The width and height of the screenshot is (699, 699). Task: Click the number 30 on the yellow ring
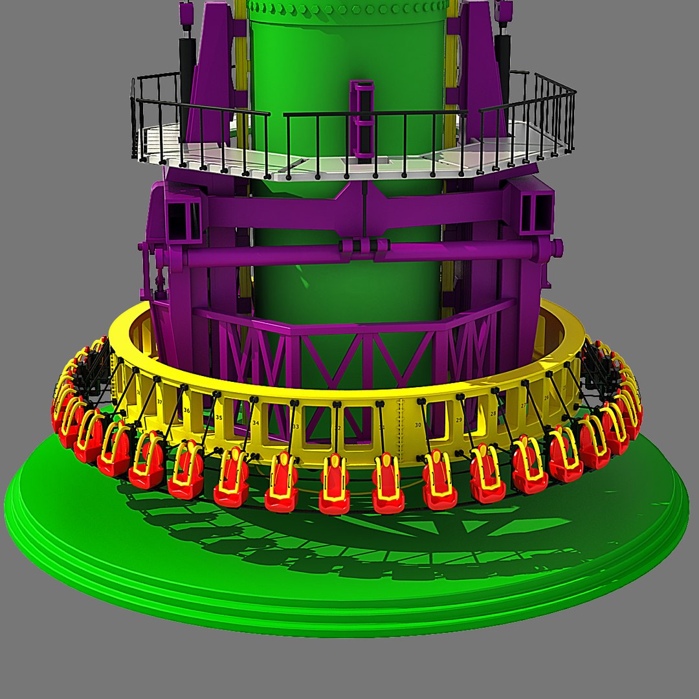point(418,425)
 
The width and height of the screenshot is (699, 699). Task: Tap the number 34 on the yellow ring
point(256,423)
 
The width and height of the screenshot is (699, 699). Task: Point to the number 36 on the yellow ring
point(186,410)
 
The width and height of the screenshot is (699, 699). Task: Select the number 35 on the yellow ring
point(219,417)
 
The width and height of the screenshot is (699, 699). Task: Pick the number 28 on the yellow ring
point(493,414)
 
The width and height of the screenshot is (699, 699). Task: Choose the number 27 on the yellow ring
point(524,406)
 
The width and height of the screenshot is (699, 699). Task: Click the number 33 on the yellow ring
point(296,427)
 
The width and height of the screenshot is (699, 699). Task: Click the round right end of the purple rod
point(555,247)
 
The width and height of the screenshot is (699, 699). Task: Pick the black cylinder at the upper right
point(503,58)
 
